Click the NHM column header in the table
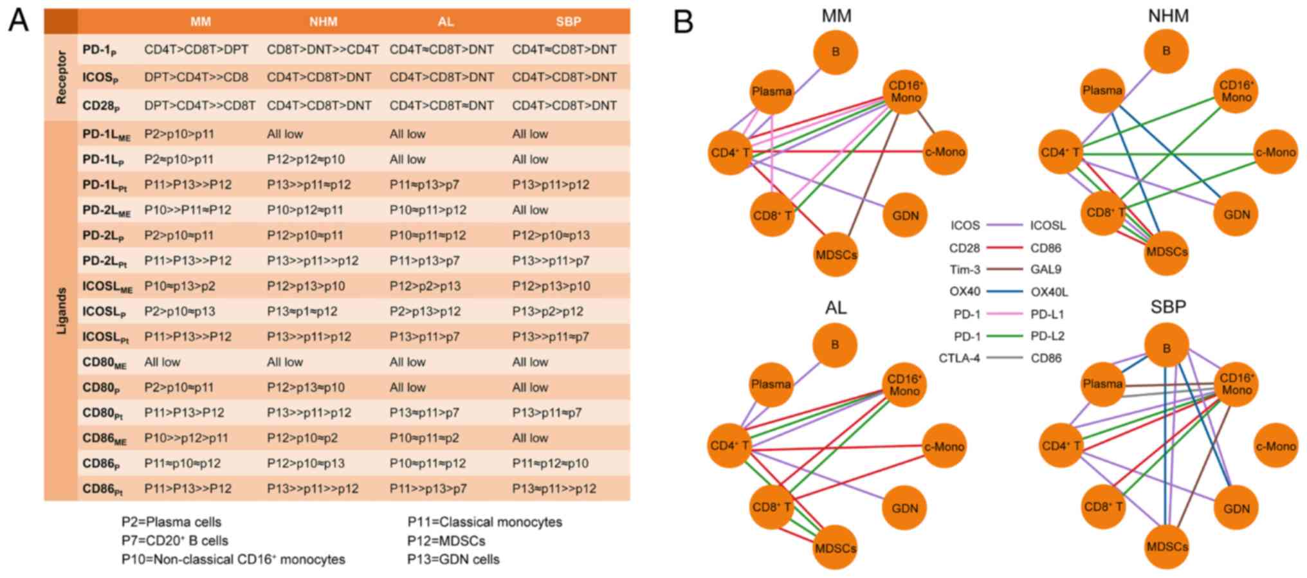point(323,22)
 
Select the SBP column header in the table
point(568,22)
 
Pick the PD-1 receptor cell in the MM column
point(196,50)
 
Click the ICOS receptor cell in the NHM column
point(319,77)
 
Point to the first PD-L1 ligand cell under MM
point(179,134)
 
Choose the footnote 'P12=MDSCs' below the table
point(446,541)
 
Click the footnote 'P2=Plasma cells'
point(171,522)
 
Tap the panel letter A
point(18,21)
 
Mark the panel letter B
point(683,21)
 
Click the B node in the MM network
point(836,51)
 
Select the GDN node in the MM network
point(905,215)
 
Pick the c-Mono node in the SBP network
point(1275,446)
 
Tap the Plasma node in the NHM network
point(1102,91)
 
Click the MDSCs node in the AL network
point(836,548)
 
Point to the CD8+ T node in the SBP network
point(1104,507)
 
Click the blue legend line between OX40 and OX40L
point(1005,292)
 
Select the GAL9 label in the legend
point(1046,270)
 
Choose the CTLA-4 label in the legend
point(959,358)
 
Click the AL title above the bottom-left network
point(836,307)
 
